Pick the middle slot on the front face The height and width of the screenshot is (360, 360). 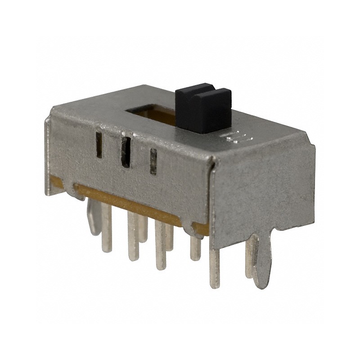coord(126,152)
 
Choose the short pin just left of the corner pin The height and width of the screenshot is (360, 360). coord(195,247)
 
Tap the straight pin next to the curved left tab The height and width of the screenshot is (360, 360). coord(107,227)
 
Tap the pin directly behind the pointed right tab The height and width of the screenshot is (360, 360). coord(249,256)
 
